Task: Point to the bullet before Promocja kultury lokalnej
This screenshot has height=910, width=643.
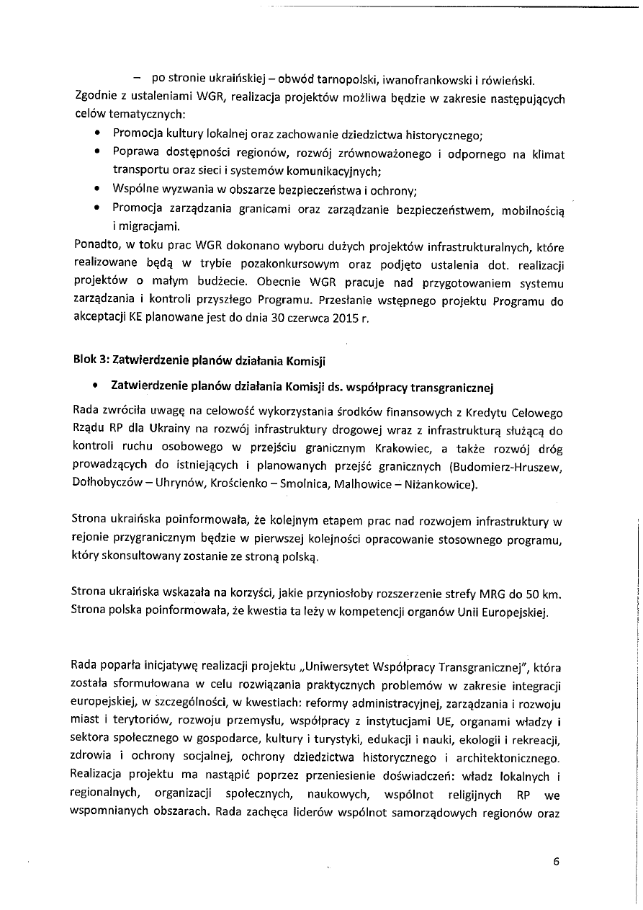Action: [x=97, y=134]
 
